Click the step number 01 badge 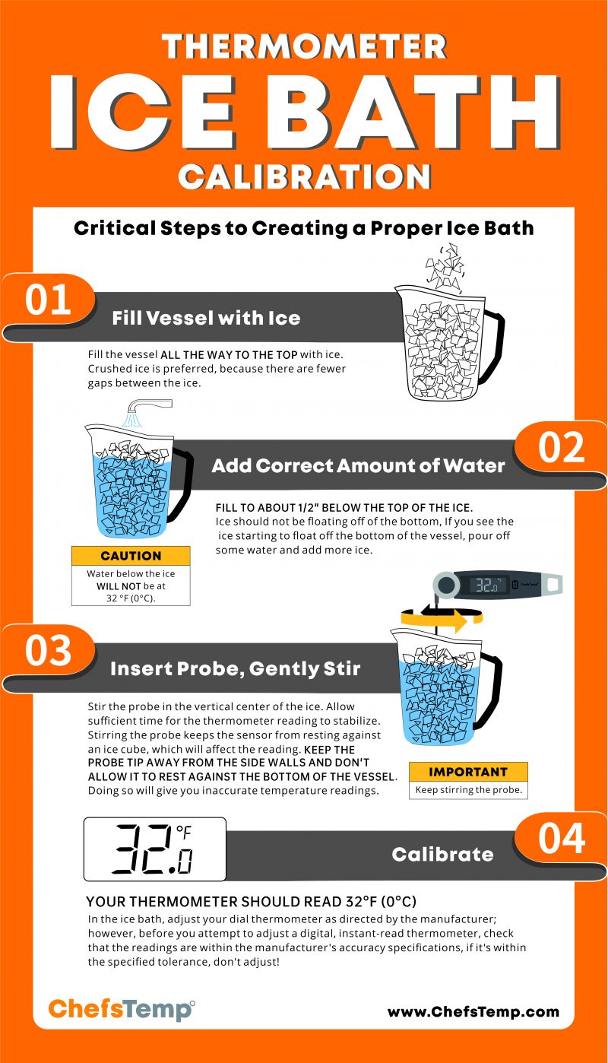(x=49, y=300)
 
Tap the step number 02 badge (x=562, y=448)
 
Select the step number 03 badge (x=49, y=652)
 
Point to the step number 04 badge (x=562, y=838)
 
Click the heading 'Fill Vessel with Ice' (x=206, y=318)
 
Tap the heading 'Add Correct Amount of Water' (x=358, y=465)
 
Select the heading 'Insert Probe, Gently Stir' (x=235, y=669)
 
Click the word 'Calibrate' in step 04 (x=442, y=855)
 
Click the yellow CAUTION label (x=131, y=556)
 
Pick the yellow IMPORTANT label (x=467, y=772)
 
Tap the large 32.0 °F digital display (x=154, y=849)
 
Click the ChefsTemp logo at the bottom (x=121, y=1010)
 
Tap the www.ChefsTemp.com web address (x=473, y=1011)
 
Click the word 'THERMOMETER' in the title (x=304, y=47)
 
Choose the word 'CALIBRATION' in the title (x=304, y=177)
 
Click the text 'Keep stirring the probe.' (x=467, y=790)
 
